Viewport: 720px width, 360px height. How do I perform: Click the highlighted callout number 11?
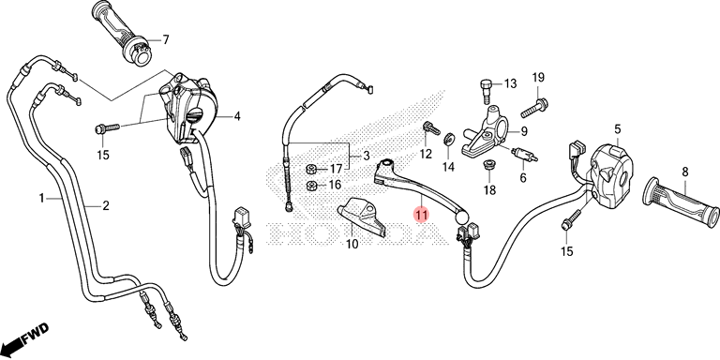pos(421,214)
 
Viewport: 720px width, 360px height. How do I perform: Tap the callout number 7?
pos(165,40)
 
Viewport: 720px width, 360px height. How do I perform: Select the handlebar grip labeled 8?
pos(682,202)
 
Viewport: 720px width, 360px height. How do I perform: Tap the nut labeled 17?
pos(310,170)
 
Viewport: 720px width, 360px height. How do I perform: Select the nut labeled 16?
pos(310,186)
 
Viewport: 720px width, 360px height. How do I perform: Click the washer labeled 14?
pos(448,139)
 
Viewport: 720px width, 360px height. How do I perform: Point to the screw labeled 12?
pos(431,127)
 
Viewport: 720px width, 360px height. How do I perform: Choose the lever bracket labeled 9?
pos(486,134)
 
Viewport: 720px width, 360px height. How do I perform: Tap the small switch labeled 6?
pos(524,154)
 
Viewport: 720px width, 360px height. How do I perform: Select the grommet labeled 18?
pos(489,164)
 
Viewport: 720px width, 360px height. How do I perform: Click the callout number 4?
pos(237,116)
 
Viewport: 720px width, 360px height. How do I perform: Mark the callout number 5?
pos(618,129)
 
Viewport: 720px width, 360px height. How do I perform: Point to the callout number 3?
pos(366,156)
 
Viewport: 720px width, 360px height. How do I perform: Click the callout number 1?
pos(42,199)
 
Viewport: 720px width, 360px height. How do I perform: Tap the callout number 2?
pos(106,206)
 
